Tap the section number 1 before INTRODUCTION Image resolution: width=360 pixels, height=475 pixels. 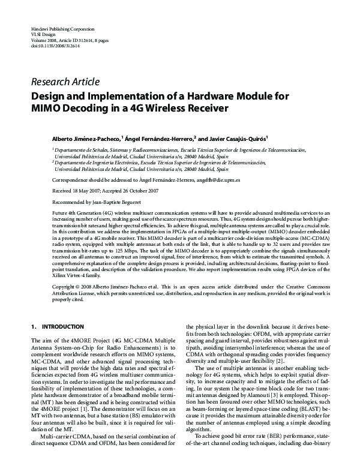coord(32,326)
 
